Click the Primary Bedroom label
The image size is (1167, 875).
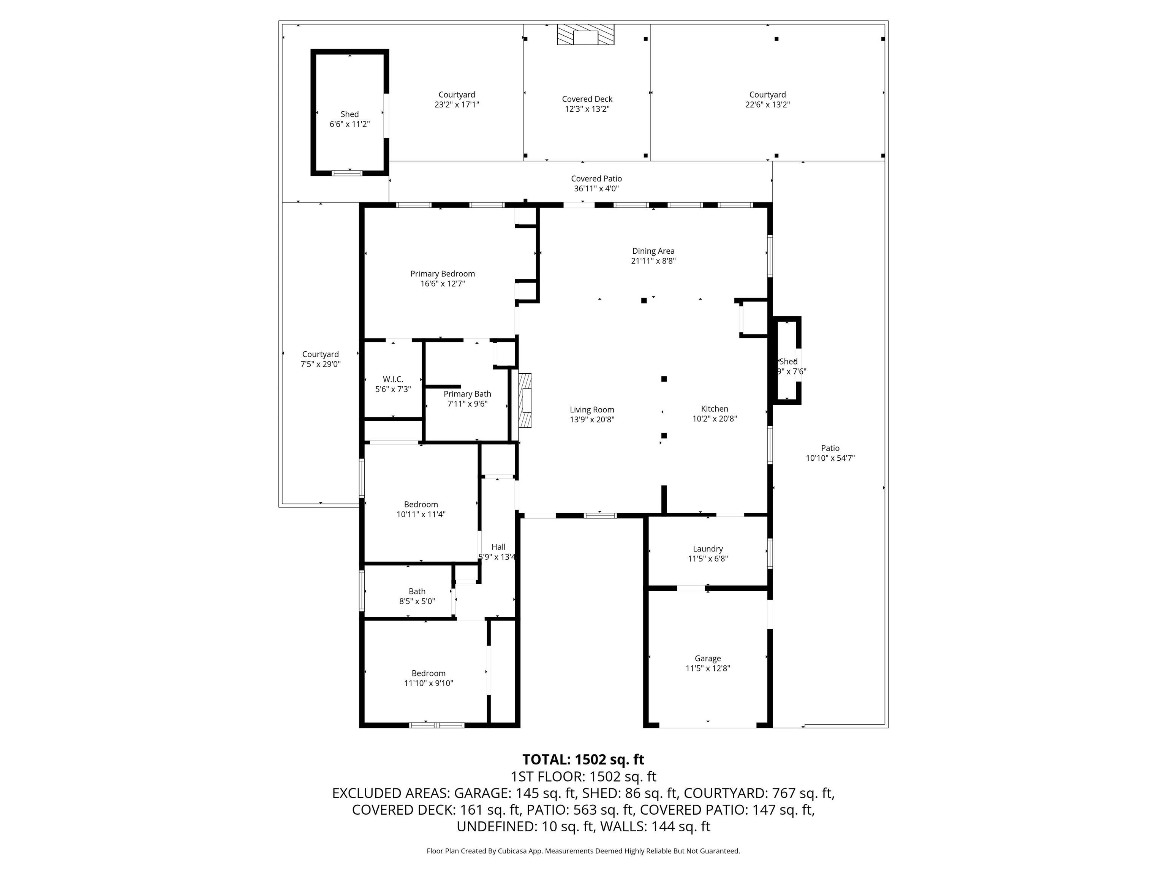443,274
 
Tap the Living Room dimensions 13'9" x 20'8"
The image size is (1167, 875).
592,420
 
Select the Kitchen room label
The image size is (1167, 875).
714,409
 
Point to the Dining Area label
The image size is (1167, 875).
653,251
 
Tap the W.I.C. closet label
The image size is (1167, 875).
393,379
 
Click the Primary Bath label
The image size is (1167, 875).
467,394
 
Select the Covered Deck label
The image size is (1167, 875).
587,99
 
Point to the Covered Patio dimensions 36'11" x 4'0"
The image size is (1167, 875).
596,189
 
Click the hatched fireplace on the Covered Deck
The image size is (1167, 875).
586,34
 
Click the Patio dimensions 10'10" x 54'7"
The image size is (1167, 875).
830,458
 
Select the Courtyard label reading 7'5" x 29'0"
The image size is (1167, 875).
320,354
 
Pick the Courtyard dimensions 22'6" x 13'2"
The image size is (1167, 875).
768,104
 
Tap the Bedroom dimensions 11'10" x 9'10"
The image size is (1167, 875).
429,683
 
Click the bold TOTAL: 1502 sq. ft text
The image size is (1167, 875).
583,760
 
